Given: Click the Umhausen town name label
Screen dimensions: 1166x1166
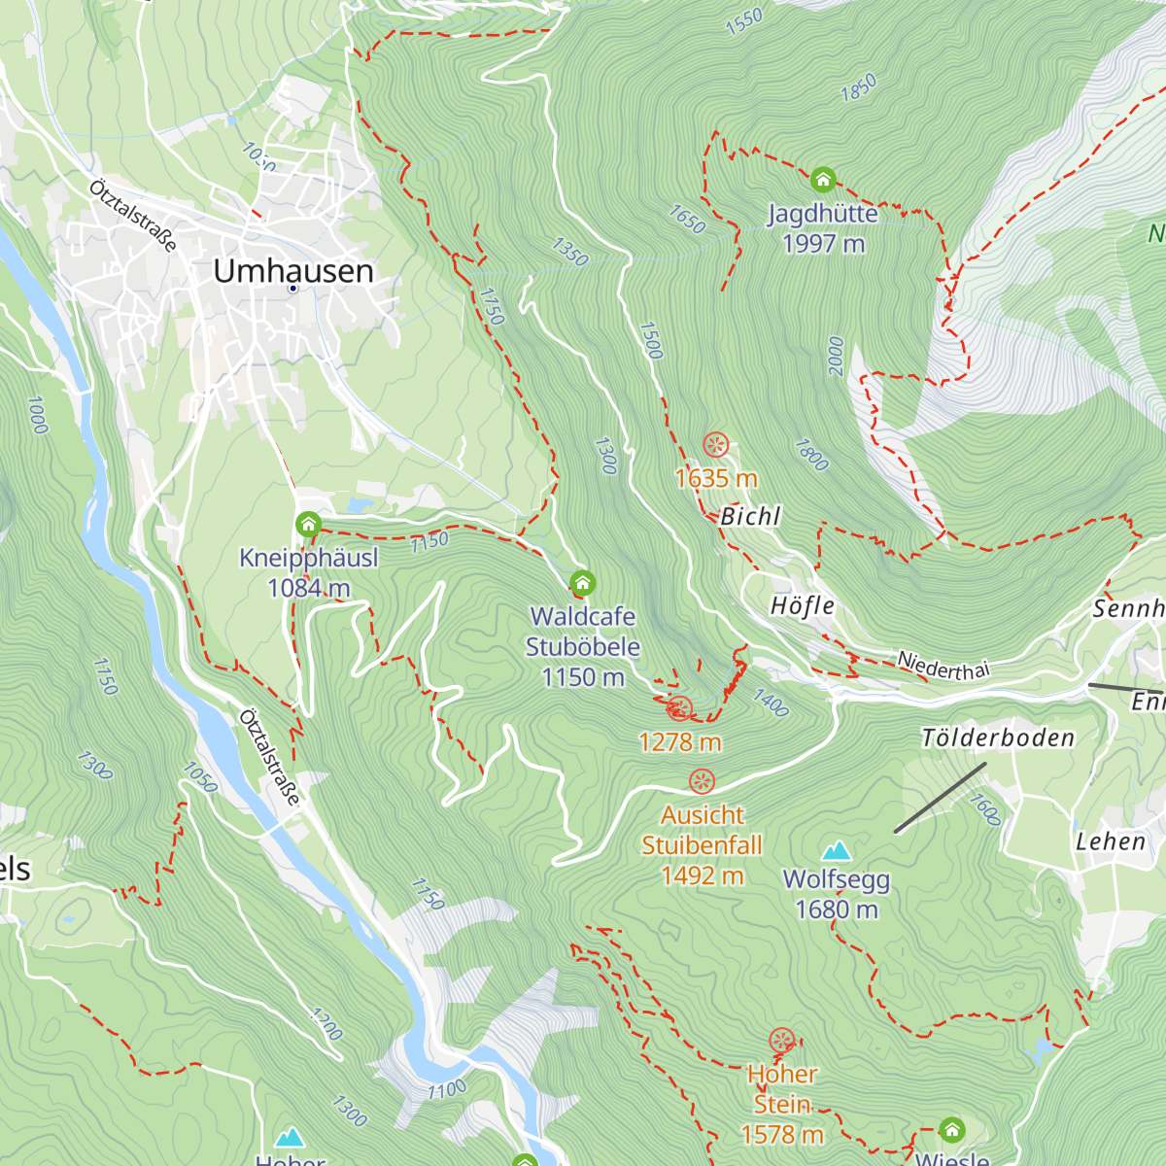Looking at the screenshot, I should click(293, 271).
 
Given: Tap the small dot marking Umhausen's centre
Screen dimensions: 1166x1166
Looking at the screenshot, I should click(292, 289).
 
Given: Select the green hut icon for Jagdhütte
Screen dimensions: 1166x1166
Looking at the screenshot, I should click(823, 180).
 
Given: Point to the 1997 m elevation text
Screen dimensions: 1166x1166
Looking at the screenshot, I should click(823, 244).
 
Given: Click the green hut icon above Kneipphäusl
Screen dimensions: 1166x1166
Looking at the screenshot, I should click(308, 526).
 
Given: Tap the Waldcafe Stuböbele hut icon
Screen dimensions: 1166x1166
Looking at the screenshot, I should click(582, 583).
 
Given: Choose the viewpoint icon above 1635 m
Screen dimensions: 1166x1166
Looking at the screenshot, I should click(716, 446).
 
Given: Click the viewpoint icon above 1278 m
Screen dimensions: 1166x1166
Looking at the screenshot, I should click(680, 708).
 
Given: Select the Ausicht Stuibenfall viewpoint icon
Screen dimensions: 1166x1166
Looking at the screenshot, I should click(702, 781).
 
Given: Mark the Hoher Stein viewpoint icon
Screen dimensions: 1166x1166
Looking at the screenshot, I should click(782, 1042).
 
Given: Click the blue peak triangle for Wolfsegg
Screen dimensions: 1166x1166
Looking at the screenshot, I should click(837, 852).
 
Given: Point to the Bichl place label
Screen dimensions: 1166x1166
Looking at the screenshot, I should click(750, 516).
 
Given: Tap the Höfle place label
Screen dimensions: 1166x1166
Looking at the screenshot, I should click(803, 606).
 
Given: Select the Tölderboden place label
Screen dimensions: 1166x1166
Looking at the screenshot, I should click(998, 738).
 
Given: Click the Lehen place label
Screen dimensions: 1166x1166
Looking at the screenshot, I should click(1111, 841).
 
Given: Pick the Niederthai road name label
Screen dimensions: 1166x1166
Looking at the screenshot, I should click(943, 666).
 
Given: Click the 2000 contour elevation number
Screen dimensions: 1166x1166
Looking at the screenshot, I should click(837, 357).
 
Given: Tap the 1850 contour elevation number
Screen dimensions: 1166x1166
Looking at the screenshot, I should click(858, 87).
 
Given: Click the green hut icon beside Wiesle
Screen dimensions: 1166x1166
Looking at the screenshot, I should click(951, 1129).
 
